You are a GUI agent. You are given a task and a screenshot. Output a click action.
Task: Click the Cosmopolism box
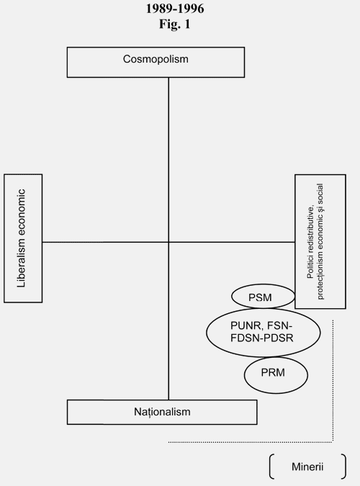(156, 63)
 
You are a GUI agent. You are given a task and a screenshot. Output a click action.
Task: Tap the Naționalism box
(162, 412)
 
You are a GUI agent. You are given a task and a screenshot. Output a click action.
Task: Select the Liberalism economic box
(23, 238)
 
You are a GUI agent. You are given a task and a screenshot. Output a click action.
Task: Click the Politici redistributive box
(320, 241)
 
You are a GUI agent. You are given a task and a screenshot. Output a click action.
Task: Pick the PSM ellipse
(263, 297)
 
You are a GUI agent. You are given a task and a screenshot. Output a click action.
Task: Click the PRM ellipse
(276, 375)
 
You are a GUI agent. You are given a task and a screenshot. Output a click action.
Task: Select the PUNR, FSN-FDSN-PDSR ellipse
(264, 333)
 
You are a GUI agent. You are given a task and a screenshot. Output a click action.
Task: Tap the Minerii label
(307, 467)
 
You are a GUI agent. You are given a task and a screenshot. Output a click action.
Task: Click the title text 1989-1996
(175, 9)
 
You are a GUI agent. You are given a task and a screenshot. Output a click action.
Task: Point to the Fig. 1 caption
(174, 24)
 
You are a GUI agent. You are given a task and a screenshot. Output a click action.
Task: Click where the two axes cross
(168, 242)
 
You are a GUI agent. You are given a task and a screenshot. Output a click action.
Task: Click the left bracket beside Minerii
(271, 467)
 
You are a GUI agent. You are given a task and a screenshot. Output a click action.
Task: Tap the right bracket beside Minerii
(343, 467)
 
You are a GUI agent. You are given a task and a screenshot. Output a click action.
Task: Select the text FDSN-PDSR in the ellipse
(262, 338)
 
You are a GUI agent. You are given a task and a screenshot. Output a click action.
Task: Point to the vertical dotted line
(333, 381)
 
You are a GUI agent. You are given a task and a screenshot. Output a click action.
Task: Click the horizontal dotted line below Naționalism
(251, 442)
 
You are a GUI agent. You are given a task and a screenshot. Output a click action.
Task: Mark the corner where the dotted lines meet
(333, 442)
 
